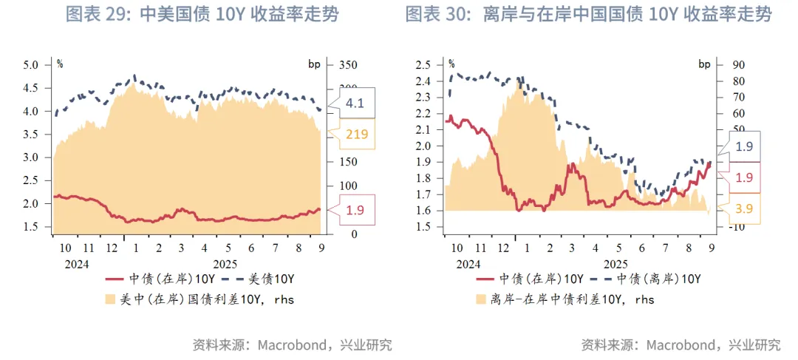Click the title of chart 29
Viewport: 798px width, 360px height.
202,14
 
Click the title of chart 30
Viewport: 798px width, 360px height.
588,14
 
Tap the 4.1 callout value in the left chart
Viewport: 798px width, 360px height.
355,103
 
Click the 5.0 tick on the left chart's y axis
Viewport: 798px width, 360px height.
30,65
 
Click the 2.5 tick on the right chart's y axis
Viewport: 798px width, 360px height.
423,65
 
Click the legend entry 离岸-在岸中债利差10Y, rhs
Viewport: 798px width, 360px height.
565,299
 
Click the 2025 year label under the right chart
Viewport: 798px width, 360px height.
615,264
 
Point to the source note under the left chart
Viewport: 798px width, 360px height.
292,344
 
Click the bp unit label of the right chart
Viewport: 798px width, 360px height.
703,64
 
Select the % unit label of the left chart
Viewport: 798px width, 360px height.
60,64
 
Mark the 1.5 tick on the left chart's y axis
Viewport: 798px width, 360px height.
30,227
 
